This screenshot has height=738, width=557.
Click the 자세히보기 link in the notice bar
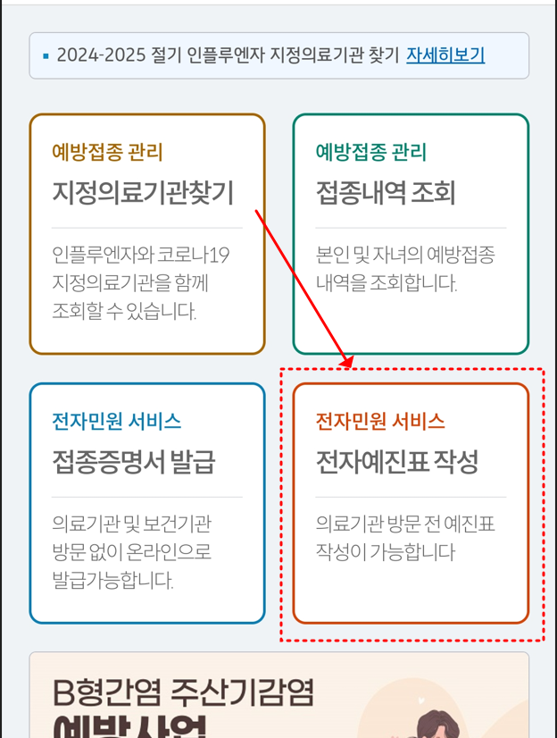pos(445,55)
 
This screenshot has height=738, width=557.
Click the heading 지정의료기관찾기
pos(143,192)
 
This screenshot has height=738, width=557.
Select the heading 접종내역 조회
pos(385,192)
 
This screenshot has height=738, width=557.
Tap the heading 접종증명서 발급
pos(133,462)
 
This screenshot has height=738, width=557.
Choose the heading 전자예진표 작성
pos(397,462)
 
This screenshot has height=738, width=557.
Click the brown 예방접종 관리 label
pos(107,152)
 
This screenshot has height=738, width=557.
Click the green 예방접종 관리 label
pos(370,152)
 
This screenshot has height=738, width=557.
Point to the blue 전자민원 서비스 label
pos(116,421)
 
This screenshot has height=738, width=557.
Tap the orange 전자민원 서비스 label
pos(380,421)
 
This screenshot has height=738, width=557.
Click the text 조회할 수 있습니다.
pos(124,312)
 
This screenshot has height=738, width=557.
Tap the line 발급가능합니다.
pos(112,580)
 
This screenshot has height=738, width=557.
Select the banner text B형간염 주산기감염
pos(183,692)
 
